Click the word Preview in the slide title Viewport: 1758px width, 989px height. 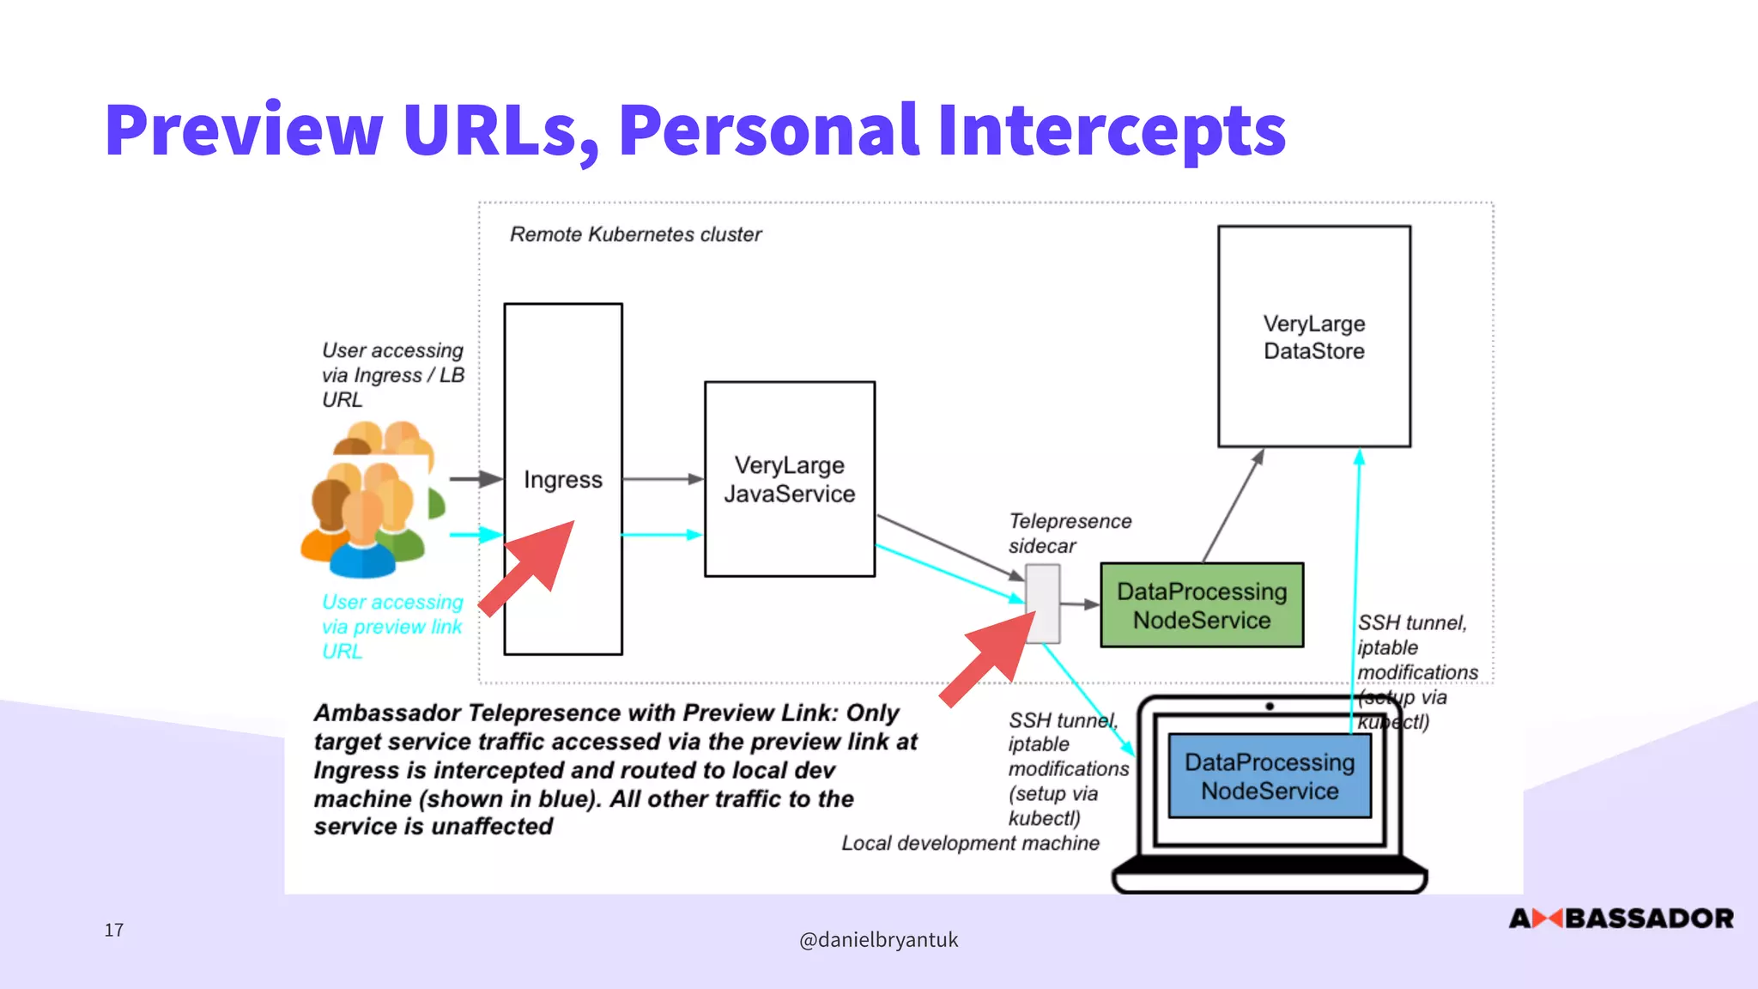tap(244, 130)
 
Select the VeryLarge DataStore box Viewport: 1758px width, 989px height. tap(1313, 337)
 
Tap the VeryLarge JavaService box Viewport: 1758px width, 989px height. tap(789, 479)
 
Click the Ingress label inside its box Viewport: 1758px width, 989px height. tap(563, 479)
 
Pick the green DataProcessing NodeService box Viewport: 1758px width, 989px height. tap(1201, 605)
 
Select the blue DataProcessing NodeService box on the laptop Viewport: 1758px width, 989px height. tap(1269, 776)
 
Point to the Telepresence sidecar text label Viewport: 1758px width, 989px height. tap(1069, 533)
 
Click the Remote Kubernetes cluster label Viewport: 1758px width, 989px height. tap(635, 234)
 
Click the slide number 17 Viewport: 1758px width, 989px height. tap(114, 930)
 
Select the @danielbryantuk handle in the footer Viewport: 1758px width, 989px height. tap(878, 940)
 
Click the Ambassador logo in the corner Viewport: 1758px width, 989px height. tap(1621, 919)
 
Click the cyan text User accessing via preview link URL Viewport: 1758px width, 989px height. tap(392, 627)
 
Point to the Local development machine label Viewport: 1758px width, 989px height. tap(969, 843)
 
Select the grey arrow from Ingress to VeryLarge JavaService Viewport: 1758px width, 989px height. tap(663, 478)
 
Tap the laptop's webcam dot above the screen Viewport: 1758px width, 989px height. tap(1269, 707)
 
